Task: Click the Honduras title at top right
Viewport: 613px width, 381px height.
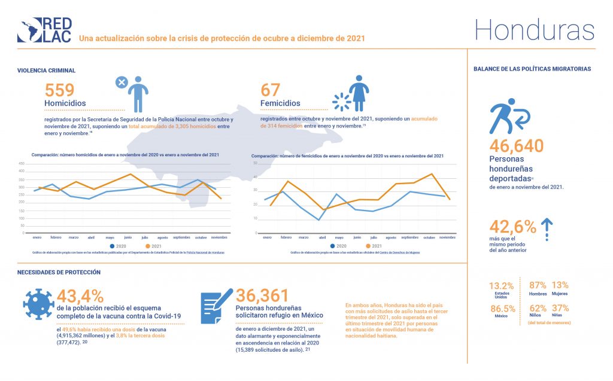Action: (x=535, y=29)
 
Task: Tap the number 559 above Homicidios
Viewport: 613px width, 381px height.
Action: (x=60, y=90)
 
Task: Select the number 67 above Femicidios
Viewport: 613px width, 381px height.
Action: (x=271, y=90)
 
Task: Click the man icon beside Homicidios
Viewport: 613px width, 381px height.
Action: (x=138, y=93)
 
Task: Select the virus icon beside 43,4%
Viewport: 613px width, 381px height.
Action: (x=37, y=303)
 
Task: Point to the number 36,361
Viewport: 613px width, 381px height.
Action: (x=262, y=295)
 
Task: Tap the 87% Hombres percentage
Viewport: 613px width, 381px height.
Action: (x=539, y=285)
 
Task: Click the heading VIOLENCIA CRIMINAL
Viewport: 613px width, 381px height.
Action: (x=47, y=71)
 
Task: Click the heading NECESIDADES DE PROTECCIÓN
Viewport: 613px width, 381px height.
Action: (x=59, y=272)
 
